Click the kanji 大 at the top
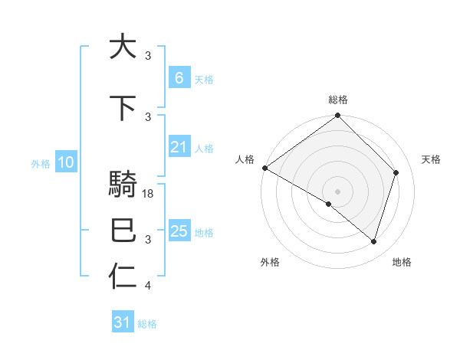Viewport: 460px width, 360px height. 123,47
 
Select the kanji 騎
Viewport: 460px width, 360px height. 123,186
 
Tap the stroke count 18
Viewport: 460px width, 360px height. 149,194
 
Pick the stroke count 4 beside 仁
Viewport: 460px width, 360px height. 148,286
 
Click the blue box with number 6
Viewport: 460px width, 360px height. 179,77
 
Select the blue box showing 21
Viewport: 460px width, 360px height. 179,147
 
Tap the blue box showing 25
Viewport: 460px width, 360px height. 179,231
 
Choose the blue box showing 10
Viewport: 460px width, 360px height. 66,162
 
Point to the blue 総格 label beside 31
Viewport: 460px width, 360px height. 147,324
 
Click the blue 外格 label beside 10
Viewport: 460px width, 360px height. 41,163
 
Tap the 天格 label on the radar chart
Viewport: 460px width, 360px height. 431,159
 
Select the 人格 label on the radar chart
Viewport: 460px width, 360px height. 245,159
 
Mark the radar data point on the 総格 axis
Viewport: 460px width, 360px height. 337,116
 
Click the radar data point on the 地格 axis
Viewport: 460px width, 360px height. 374,242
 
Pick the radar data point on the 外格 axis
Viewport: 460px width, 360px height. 329,204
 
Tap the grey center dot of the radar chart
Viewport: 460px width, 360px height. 337,191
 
